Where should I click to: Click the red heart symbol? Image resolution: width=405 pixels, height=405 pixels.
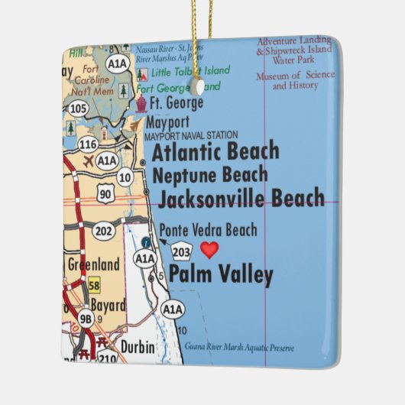click(x=209, y=250)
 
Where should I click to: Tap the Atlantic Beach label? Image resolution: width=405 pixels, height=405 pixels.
click(x=215, y=151)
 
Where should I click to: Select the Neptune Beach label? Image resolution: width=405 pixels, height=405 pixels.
click(x=211, y=175)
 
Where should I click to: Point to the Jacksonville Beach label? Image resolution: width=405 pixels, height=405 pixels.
click(x=241, y=199)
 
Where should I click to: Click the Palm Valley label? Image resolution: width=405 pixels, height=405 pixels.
click(x=220, y=274)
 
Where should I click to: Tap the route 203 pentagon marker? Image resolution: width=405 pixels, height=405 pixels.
click(x=182, y=251)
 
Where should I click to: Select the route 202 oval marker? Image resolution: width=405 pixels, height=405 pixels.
click(x=103, y=230)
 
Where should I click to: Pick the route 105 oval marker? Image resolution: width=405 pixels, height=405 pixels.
click(x=78, y=109)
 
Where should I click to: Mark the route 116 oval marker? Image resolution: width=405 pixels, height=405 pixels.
click(x=89, y=144)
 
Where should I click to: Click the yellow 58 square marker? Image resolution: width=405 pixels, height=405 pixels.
click(x=94, y=285)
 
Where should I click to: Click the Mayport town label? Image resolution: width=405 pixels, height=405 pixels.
click(x=167, y=122)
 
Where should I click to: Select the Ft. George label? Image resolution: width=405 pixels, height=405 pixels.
click(x=177, y=103)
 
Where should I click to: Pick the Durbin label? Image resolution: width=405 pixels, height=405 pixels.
click(x=137, y=348)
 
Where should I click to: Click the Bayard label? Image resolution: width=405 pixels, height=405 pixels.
click(x=108, y=306)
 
